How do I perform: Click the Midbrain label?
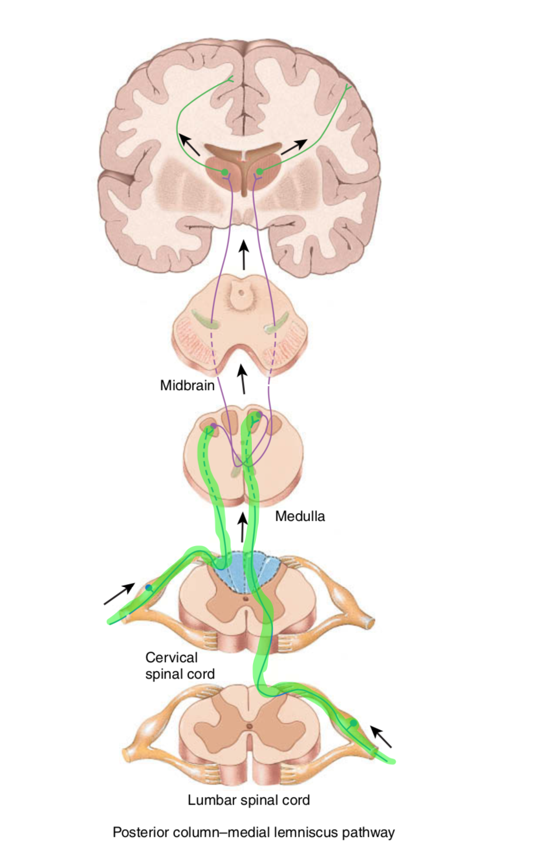tap(187, 386)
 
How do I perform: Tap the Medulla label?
tap(299, 516)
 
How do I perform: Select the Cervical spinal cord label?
tap(179, 666)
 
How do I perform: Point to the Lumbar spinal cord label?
tap(248, 800)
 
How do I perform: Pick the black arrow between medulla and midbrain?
tap(241, 379)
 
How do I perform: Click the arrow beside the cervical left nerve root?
tap(119, 594)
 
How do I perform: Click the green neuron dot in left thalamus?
tap(224, 172)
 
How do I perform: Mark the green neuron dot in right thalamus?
tap(259, 171)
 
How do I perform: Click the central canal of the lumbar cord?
tap(249, 727)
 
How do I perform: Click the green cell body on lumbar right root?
tap(353, 724)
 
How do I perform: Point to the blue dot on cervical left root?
tap(149, 587)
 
